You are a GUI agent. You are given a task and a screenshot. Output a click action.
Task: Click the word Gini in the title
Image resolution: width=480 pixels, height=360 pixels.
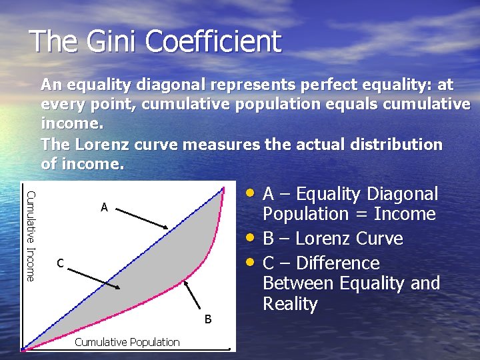tap(111, 41)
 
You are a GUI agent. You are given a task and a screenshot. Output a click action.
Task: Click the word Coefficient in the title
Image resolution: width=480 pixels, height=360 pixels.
tap(213, 41)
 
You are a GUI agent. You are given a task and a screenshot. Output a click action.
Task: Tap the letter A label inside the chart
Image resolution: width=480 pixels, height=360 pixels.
tap(104, 207)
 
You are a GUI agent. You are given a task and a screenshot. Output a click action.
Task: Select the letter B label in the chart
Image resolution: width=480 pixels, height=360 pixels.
tap(208, 319)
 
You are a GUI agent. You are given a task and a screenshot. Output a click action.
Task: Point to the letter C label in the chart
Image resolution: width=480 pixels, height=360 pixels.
tap(60, 263)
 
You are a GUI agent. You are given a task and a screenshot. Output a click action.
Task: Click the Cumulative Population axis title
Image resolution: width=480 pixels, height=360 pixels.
tap(127, 342)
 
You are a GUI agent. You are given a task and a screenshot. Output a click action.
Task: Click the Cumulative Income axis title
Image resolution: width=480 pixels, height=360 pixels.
tap(30, 227)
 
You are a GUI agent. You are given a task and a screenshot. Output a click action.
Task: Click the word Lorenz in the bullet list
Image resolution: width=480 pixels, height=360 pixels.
tap(324, 239)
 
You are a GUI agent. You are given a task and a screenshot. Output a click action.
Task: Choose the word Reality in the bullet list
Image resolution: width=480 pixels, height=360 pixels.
tap(290, 304)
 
